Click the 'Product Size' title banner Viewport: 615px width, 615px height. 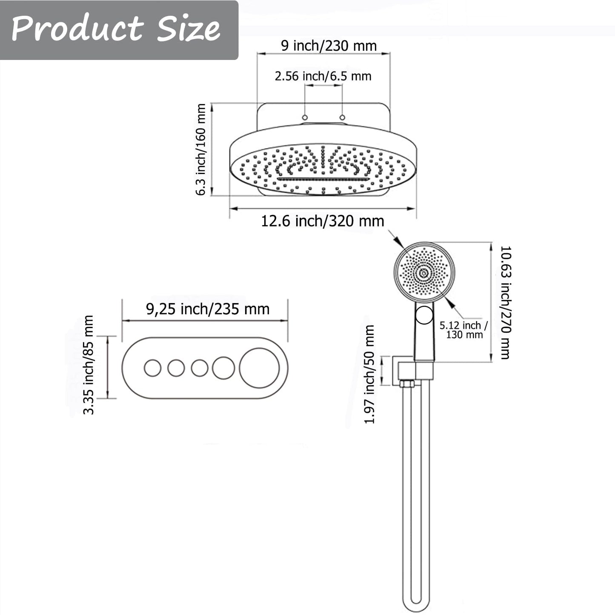pyautogui.click(x=119, y=30)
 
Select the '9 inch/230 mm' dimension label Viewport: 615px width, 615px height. pyautogui.click(x=329, y=46)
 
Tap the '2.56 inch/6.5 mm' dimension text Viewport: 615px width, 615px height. pyautogui.click(x=323, y=76)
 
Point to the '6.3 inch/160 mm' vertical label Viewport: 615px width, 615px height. pyautogui.click(x=201, y=149)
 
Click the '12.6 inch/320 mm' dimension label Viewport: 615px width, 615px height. pyautogui.click(x=323, y=221)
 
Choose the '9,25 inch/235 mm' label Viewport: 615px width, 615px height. pyautogui.click(x=208, y=309)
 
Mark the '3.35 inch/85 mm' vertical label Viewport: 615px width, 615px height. pyautogui.click(x=88, y=365)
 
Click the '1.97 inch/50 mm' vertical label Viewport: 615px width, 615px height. pyautogui.click(x=369, y=375)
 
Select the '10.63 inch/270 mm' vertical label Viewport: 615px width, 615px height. pyautogui.click(x=506, y=303)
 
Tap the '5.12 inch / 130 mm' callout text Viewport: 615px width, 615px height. pyautogui.click(x=464, y=330)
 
